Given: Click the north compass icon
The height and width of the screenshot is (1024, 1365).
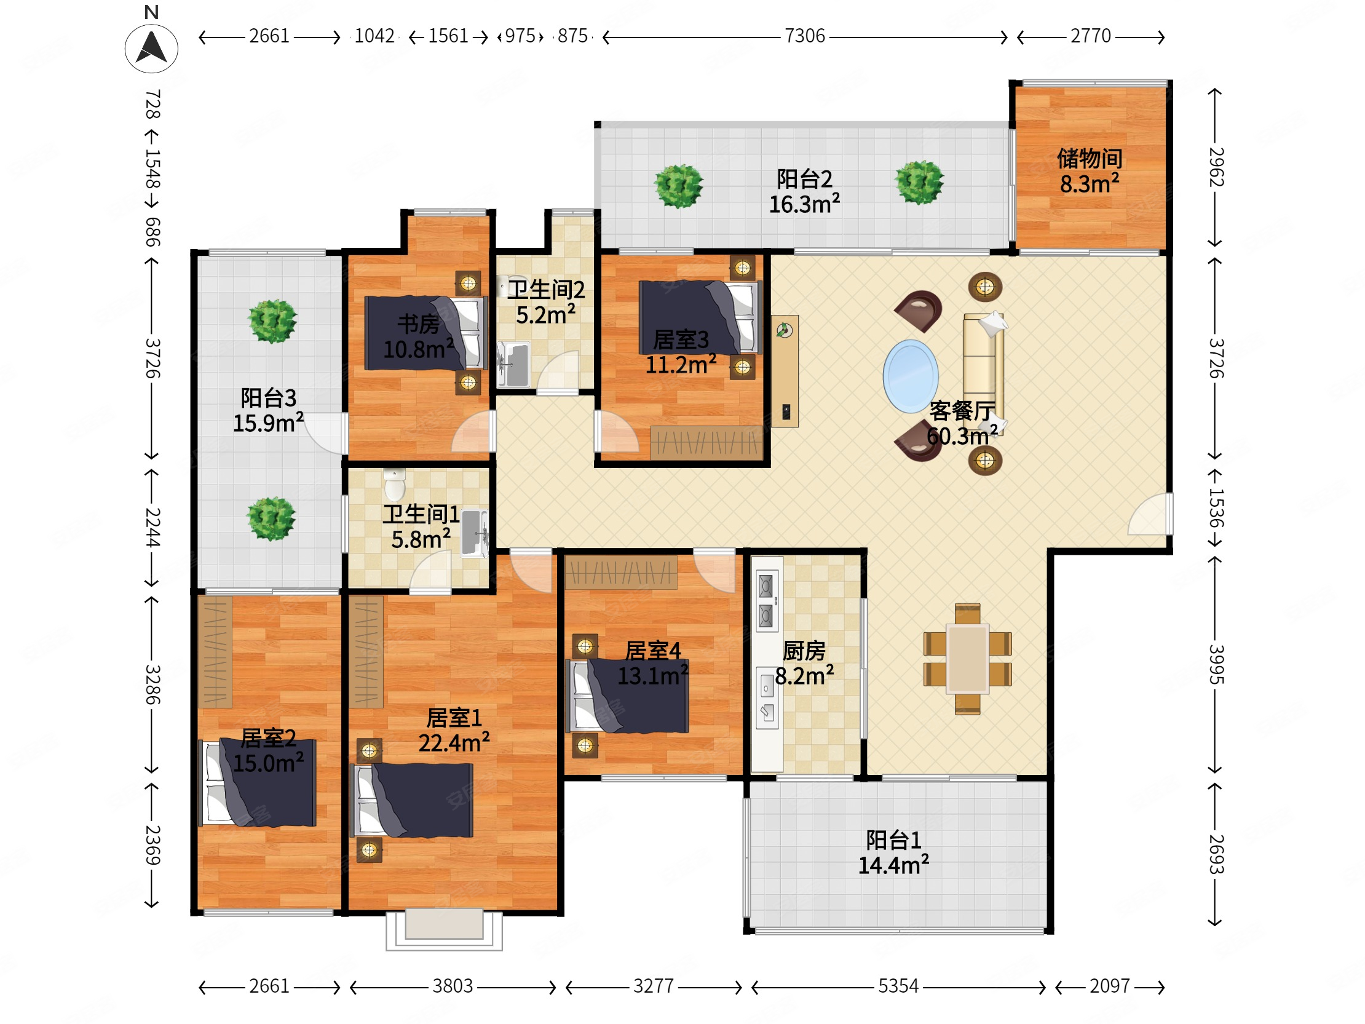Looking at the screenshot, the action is (x=151, y=48).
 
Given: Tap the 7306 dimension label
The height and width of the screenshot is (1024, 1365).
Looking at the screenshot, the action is (x=805, y=36).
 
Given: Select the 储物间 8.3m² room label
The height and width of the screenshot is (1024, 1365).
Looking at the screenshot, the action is (x=1090, y=171).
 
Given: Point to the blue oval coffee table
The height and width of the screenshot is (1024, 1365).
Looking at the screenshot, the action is (x=910, y=376).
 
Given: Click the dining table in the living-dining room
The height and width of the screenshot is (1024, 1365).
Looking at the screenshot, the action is (x=967, y=658).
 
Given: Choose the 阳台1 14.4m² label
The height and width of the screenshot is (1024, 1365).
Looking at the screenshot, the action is (x=893, y=852).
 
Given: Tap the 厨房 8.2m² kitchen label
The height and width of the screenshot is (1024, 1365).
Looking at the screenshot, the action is (x=804, y=664).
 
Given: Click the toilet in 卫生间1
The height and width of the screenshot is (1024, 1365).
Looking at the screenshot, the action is (x=394, y=484).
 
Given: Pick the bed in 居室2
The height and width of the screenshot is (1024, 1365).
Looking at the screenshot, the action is (x=257, y=783).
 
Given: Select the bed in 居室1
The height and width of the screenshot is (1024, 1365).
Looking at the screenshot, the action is (x=411, y=800).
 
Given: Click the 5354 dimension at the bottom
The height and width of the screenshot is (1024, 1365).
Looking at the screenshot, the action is (x=898, y=986).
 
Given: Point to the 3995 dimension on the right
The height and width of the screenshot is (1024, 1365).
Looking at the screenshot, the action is (x=1215, y=664).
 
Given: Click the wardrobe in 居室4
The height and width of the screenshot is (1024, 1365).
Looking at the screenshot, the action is (x=621, y=572).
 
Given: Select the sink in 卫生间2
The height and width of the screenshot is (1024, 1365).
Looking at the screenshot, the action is (x=513, y=364).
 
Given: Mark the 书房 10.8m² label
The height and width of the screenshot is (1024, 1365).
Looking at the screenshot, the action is (x=418, y=336).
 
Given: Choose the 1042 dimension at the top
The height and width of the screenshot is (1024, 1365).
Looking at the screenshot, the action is (x=374, y=36).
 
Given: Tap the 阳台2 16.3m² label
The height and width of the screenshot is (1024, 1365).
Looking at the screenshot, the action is (x=804, y=191).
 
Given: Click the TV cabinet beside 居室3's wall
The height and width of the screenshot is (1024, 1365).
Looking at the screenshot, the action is (x=785, y=371).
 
